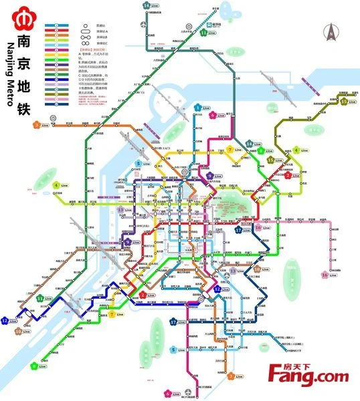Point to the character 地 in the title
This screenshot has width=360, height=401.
pos(24,87)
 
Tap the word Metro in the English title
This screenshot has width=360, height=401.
pos(10,95)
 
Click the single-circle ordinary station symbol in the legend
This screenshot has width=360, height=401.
pos(86,26)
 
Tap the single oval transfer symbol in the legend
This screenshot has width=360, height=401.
pos(86,32)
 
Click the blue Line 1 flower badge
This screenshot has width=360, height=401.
pos(197,108)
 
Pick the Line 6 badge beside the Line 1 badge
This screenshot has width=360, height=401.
pos(213,115)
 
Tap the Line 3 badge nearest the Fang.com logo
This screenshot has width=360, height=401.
pos(231,376)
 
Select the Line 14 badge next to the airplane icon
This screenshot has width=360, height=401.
pos(147,5)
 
